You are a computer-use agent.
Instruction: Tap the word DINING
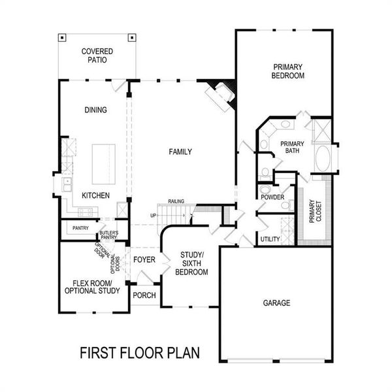[95, 110]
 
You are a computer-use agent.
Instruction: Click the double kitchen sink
[67, 184]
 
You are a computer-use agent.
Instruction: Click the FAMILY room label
[180, 152]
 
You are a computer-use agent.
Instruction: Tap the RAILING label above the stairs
[176, 202]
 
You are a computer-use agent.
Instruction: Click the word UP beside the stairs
[154, 215]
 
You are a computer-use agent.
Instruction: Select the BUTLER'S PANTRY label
[108, 235]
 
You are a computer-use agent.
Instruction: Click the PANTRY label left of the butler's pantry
[81, 228]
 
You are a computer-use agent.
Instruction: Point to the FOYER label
[144, 259]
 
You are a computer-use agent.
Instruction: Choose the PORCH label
[144, 295]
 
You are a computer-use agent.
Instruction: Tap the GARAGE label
[276, 303]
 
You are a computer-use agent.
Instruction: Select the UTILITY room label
[270, 239]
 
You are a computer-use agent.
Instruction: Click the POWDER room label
[271, 197]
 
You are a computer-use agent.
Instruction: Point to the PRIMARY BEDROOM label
[289, 71]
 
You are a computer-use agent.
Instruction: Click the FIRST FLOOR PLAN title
[140, 353]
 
